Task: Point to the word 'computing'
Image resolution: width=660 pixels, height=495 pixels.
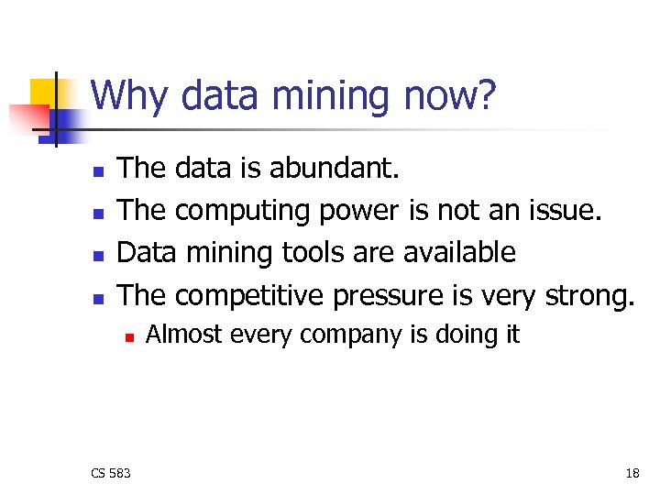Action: tap(243, 212)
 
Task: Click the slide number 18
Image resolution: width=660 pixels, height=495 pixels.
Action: tap(632, 473)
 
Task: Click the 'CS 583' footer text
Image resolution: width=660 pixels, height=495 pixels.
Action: tap(111, 473)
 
